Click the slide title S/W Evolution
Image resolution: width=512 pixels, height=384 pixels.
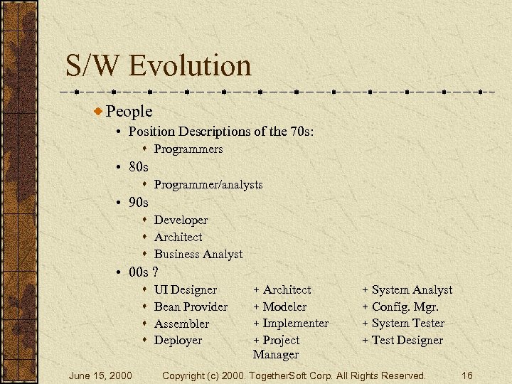[x=159, y=65]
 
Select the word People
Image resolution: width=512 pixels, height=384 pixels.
[x=129, y=111]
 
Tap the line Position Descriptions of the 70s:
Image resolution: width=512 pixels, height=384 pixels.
[x=221, y=132]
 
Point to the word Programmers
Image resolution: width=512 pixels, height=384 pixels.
[x=188, y=149]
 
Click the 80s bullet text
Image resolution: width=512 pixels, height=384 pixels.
[x=139, y=167]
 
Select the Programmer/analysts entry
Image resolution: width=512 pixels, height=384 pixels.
[x=208, y=184]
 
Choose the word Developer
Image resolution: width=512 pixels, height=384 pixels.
[x=181, y=220]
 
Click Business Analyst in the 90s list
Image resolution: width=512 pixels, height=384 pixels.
[x=198, y=254]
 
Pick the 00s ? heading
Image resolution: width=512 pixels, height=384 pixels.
[x=143, y=272]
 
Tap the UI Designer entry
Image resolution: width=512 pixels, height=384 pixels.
[x=186, y=289]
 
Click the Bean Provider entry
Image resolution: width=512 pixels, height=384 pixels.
[x=191, y=306]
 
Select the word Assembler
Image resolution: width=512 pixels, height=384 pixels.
[x=181, y=324]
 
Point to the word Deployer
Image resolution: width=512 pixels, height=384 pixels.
[x=178, y=340]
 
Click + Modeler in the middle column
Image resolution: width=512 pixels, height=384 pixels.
[x=279, y=306]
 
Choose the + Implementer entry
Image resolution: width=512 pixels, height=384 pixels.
[x=291, y=323]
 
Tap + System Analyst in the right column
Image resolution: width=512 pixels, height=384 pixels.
[x=407, y=289]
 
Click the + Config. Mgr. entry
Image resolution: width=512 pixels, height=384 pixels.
[x=400, y=306]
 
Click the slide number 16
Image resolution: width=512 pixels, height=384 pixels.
[x=466, y=375]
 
